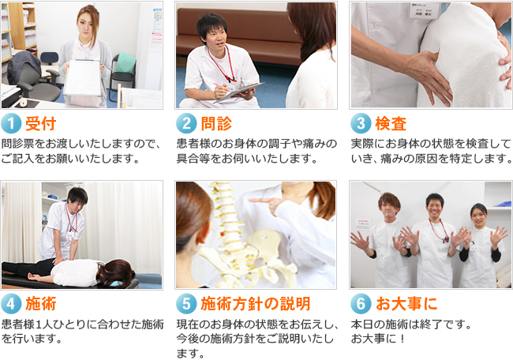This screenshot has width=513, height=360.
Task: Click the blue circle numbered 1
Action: click(11, 123)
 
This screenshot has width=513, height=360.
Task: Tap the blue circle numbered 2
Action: click(186, 123)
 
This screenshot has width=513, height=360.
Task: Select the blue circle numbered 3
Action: click(361, 123)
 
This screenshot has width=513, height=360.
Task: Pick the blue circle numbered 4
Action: click(11, 303)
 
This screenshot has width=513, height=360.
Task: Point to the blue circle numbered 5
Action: click(186, 303)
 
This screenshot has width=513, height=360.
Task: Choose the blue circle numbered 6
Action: click(361, 303)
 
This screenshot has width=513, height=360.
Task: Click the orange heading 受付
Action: click(41, 123)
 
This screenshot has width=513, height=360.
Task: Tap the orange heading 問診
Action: click(216, 123)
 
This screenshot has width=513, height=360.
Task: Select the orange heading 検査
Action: click(391, 123)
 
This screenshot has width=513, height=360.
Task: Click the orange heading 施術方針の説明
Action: click(255, 304)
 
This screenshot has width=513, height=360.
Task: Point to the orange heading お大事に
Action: click(406, 304)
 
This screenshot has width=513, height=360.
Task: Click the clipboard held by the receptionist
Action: click(82, 77)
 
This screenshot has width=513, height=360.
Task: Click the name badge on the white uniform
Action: click(425, 11)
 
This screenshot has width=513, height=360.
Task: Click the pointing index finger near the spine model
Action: click(259, 201)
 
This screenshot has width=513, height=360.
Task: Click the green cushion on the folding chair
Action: click(125, 63)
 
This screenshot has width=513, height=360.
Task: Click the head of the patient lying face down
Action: click(117, 273)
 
